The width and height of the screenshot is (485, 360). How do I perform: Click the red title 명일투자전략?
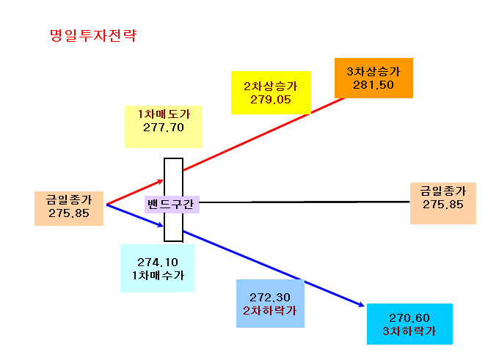[x=93, y=35]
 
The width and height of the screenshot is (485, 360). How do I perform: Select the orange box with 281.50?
[x=373, y=78]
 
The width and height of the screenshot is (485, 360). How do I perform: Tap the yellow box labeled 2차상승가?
[x=271, y=92]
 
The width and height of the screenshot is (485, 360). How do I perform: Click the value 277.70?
[x=164, y=128]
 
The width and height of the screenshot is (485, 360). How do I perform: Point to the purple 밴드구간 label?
[x=172, y=205]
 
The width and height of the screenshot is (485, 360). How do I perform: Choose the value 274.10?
[x=158, y=262]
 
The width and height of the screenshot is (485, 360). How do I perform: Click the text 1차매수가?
[x=158, y=275]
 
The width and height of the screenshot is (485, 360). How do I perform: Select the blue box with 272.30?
[x=270, y=304]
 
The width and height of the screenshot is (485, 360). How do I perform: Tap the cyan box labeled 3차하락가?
[x=409, y=324]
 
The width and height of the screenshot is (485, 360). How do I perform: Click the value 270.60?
[x=409, y=317]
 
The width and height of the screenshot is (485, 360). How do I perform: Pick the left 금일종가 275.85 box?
[x=69, y=208]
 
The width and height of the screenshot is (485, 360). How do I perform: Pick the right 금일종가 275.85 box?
[x=443, y=203]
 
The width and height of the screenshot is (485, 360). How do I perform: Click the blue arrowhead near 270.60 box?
[x=362, y=305]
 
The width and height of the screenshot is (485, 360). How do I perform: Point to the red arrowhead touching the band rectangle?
[x=160, y=181]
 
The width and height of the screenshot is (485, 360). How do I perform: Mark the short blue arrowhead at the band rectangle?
[x=160, y=224]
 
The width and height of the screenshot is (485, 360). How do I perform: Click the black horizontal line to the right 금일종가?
[x=305, y=202]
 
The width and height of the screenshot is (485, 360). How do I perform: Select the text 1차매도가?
[x=164, y=114]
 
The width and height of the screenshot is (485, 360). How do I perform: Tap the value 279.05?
[x=271, y=100]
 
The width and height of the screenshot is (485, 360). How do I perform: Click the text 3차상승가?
[x=373, y=72]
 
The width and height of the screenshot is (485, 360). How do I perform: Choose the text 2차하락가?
[x=270, y=311]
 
